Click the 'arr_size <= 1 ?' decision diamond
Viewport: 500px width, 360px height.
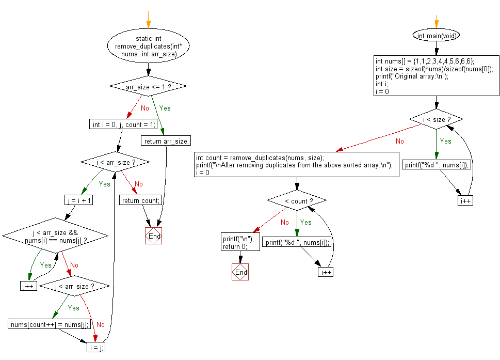[148, 86]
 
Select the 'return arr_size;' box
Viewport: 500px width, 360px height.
[166, 140]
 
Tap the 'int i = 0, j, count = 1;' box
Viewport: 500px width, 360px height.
[123, 124]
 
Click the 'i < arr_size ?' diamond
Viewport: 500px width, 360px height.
[115, 162]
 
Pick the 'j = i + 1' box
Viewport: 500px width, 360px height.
[79, 200]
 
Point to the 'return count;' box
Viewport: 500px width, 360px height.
[141, 200]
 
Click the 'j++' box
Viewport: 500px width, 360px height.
[28, 286]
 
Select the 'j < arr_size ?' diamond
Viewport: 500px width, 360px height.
[75, 286]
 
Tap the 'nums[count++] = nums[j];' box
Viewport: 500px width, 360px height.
[50, 324]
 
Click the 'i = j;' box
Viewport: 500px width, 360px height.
[96, 347]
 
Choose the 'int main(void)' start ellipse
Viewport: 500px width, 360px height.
[437, 36]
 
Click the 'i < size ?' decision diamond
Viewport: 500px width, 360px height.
[437, 119]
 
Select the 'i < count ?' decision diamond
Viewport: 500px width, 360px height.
[297, 200]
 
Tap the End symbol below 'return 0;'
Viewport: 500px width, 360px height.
[240, 272]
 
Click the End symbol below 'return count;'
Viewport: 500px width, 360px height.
[153, 236]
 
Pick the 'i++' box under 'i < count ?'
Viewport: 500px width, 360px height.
[326, 272]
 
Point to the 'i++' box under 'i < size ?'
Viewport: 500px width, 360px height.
[465, 200]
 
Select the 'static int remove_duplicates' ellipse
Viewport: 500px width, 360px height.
[148, 46]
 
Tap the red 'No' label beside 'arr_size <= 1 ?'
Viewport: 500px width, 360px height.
[145, 108]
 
